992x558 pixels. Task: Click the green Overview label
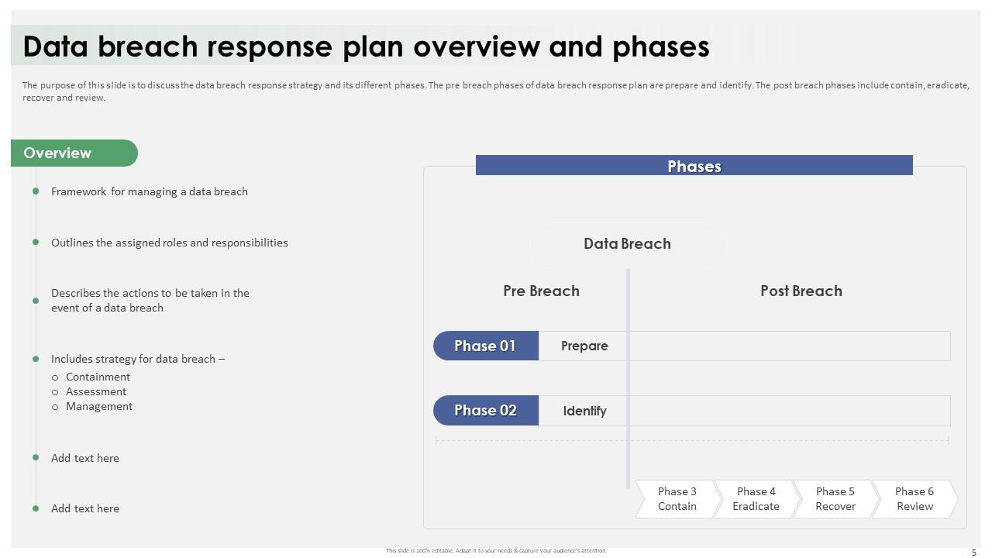74,153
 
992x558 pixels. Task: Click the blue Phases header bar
694,165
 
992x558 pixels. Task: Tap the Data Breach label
627,243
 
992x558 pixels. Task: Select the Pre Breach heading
541,291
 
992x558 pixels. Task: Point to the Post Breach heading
801,291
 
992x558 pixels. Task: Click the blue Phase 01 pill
486,346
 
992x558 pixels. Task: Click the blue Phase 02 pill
486,411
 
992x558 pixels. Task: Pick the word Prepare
584,346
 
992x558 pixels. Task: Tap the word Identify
584,411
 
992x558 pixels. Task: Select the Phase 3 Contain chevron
677,498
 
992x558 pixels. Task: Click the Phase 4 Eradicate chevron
756,498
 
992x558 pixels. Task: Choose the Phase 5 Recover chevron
835,498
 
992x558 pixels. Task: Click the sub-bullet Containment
98,377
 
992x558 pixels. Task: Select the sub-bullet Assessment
96,391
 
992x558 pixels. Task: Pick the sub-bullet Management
99,407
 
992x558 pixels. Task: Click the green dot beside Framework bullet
36,191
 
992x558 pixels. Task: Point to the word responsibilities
250,243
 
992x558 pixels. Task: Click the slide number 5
974,553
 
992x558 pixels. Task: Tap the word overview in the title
477,46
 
